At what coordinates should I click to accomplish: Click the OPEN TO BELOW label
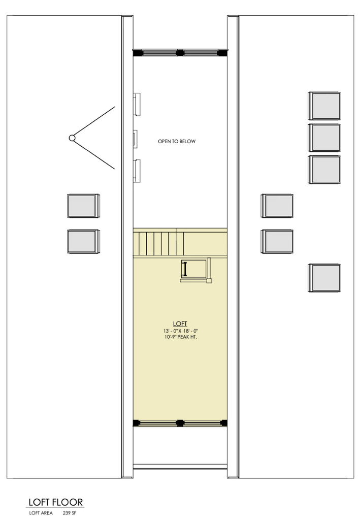tap(177, 141)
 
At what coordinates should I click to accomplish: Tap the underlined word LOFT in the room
tap(180, 323)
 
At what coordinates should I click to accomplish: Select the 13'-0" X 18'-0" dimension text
tap(181, 331)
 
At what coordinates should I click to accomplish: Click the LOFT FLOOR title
tap(55, 502)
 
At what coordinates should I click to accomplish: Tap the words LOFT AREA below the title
tap(41, 513)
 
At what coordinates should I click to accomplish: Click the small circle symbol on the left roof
tap(72, 138)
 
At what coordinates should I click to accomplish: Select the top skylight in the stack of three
tap(324, 106)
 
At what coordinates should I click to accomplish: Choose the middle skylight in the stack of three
tap(324, 138)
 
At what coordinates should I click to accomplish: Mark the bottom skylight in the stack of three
tap(324, 170)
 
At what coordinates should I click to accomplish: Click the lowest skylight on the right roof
tap(324, 278)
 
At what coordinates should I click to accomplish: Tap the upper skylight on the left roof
tap(83, 206)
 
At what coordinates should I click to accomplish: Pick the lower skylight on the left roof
tap(83, 241)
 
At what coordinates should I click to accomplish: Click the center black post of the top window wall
tap(180, 52)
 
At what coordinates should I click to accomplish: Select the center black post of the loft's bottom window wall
tap(180, 423)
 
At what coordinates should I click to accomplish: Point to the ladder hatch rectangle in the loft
tap(194, 269)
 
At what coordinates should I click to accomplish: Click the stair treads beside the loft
tap(159, 243)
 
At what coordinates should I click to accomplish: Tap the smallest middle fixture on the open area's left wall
tap(135, 139)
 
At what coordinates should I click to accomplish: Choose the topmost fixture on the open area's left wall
tap(137, 104)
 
